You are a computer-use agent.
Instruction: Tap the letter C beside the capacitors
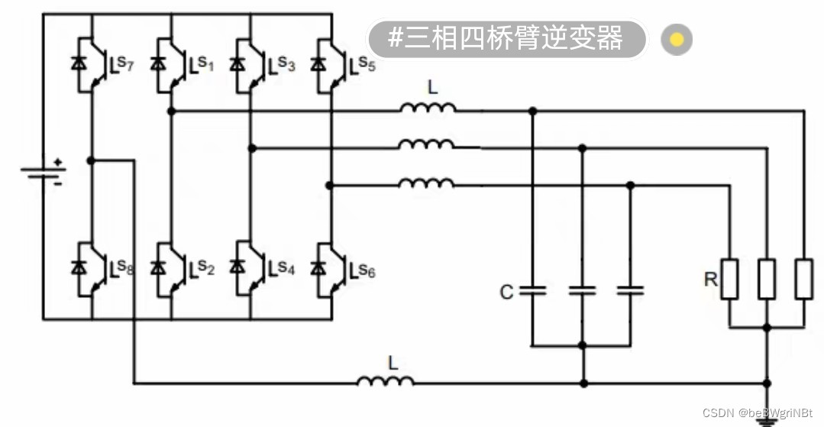click(506, 292)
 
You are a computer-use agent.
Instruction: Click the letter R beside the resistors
click(710, 280)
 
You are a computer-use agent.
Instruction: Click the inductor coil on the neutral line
click(386, 380)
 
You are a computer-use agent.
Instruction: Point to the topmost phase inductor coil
click(428, 108)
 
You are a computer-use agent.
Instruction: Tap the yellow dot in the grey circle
click(676, 39)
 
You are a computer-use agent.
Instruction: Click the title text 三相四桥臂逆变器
click(506, 38)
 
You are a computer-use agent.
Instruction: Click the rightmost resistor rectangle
click(803, 279)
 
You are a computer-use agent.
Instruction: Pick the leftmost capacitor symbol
click(532, 290)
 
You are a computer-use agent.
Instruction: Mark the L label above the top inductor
click(433, 88)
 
